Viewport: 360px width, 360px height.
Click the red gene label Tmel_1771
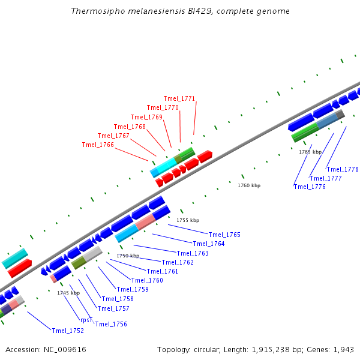click(x=179, y=99)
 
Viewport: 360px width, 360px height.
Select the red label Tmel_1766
click(x=98, y=145)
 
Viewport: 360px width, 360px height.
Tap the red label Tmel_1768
click(x=130, y=127)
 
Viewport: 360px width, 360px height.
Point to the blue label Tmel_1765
click(x=224, y=235)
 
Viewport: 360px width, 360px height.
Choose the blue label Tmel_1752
click(x=68, y=331)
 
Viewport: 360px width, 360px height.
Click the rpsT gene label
click(x=86, y=320)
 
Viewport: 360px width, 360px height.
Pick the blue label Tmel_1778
click(x=343, y=169)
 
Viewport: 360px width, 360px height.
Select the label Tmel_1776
click(x=310, y=187)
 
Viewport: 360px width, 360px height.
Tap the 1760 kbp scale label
click(x=249, y=185)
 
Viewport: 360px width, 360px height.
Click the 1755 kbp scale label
click(x=188, y=220)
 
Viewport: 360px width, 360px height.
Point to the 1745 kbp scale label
click(x=68, y=293)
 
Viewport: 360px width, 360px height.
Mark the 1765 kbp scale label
click(x=310, y=152)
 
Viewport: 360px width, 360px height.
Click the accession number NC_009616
click(x=65, y=350)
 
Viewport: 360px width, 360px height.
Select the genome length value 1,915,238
click(x=271, y=350)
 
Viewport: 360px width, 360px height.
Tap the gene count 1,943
click(x=343, y=350)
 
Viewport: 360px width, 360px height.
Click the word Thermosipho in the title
click(x=98, y=11)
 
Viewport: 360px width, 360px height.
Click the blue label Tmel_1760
click(x=147, y=280)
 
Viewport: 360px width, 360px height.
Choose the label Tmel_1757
click(x=113, y=308)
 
